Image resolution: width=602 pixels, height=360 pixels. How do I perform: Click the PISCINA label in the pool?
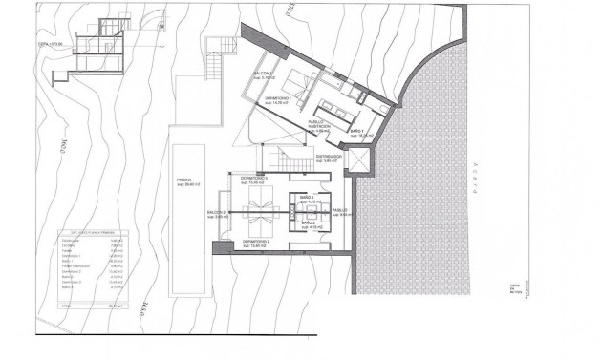click(x=184, y=181)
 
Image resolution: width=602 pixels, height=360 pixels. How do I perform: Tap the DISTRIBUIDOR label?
click(x=329, y=159)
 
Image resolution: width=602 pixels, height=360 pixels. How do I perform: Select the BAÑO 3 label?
click(x=308, y=200)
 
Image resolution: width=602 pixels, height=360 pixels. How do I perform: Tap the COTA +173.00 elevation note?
click(x=51, y=44)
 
